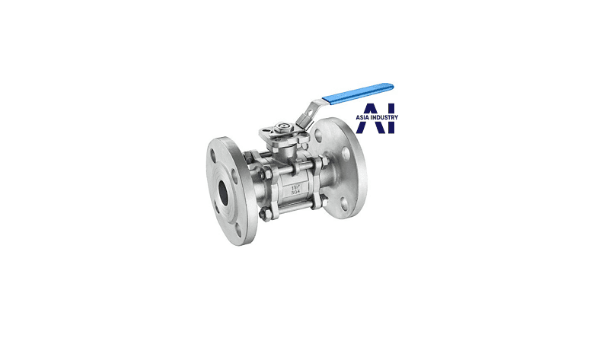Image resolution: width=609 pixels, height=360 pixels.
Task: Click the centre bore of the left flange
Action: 223,193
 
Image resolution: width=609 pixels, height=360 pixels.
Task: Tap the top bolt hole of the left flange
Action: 213,155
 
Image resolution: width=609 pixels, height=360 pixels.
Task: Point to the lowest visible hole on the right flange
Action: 344,205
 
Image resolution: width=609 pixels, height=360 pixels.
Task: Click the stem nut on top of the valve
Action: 283,126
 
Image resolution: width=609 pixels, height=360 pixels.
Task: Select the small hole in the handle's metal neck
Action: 309,113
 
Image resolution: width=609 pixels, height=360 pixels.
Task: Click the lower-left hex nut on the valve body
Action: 266,214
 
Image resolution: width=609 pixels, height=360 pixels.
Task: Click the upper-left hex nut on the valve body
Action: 248,156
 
